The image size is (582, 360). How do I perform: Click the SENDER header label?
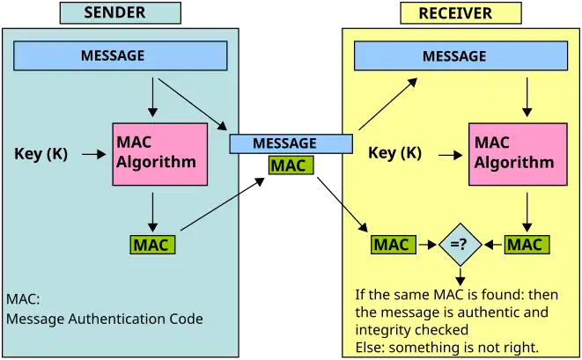[121, 12]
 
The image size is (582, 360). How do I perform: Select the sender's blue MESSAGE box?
[122, 56]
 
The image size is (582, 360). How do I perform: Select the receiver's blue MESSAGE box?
[454, 57]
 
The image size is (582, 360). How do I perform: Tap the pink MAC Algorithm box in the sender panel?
[159, 154]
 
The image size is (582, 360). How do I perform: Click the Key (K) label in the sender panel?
[41, 155]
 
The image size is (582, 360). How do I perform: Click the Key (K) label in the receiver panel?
[394, 153]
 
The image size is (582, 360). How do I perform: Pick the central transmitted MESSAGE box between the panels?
[285, 143]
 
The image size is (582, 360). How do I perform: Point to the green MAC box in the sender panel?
[152, 245]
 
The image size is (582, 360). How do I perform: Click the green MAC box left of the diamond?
[392, 245]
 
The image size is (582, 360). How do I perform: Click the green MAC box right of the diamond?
[526, 245]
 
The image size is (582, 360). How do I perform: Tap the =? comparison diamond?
[460, 245]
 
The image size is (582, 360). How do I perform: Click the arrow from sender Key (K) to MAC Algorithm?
[93, 155]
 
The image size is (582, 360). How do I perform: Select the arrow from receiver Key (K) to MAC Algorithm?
[451, 154]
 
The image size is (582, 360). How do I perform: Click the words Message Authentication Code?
[105, 320]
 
